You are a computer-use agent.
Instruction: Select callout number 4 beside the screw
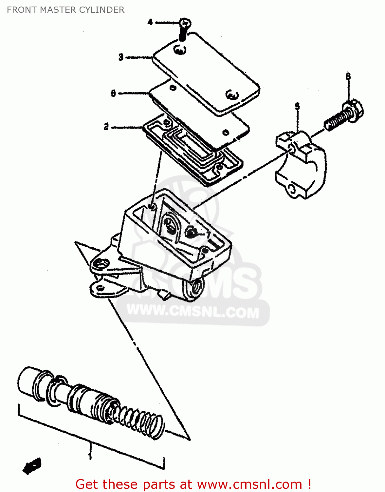click(150, 22)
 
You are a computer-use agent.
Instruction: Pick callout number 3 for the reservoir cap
click(121, 57)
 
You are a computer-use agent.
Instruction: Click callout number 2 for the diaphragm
click(106, 127)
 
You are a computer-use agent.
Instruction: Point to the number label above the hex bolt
click(348, 76)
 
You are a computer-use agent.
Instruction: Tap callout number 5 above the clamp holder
click(297, 106)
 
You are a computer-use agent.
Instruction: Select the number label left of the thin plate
click(113, 93)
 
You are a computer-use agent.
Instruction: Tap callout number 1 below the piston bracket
click(90, 456)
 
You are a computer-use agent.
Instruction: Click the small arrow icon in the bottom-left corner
click(32, 466)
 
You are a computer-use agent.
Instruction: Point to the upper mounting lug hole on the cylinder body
click(100, 263)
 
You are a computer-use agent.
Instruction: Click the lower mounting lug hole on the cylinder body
click(100, 288)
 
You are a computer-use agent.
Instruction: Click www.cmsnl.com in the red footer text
click(249, 484)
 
